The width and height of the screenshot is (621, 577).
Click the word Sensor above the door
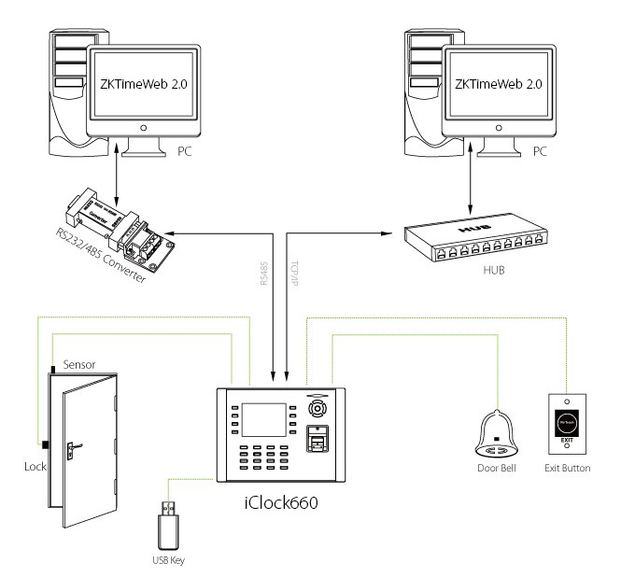click(x=79, y=364)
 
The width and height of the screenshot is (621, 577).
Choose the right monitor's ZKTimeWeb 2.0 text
click(x=498, y=83)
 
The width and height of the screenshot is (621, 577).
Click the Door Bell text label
click(x=497, y=466)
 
